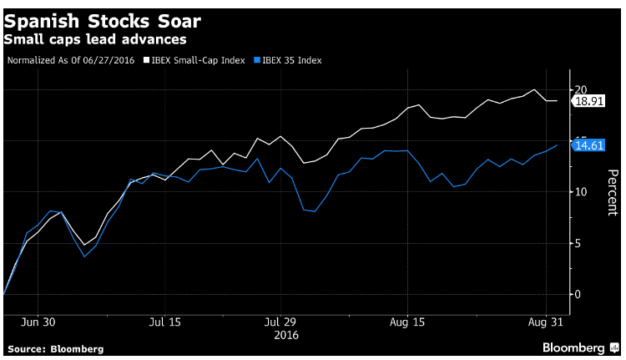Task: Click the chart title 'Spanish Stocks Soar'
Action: [102, 22]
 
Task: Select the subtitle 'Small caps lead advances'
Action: [95, 39]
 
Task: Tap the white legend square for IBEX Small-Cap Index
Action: [147, 60]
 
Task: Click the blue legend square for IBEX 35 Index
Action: [257, 60]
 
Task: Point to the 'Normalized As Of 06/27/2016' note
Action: [71, 60]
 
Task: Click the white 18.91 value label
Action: [588, 101]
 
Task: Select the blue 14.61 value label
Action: [588, 145]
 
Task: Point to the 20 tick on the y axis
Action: [581, 89]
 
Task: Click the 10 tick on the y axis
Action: [581, 192]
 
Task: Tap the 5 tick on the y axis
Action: [578, 243]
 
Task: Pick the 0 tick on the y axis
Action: [578, 295]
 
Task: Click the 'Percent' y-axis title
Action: [613, 192]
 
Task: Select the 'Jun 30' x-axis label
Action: [38, 322]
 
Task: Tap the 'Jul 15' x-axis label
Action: [165, 322]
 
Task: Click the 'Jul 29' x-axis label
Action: [280, 322]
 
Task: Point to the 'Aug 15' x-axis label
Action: [407, 322]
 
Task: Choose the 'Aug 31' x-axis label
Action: [545, 322]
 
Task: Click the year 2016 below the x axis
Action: [286, 335]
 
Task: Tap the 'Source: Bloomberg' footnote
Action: [55, 349]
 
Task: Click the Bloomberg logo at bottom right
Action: [580, 348]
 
